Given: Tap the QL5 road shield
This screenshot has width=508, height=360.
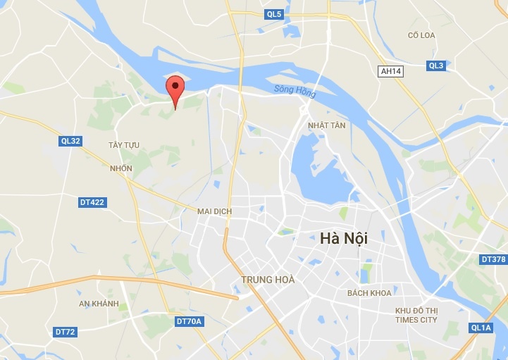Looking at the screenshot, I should point(274,14).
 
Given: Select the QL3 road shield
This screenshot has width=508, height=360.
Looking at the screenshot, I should point(436,66).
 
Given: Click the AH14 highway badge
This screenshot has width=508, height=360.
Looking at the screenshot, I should point(390,71).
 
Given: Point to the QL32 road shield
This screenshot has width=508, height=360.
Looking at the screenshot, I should point(71,141).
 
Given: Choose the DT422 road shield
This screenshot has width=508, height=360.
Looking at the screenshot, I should point(92,202).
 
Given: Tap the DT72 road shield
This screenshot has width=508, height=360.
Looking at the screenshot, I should point(65,331).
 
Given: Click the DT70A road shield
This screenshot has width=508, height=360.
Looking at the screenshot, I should point(189,321).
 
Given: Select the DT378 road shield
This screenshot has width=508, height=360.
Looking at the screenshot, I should point(493,259).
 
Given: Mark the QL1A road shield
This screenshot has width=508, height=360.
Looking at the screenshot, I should point(482,328).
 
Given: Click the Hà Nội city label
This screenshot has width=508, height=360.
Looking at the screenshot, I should point(344,240).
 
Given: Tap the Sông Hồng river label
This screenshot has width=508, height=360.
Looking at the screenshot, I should point(294,91).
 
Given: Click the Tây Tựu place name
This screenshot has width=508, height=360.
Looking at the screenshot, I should point(124,145).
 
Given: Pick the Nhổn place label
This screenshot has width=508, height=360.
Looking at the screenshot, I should point(121,168).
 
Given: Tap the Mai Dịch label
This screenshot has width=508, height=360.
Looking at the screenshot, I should point(214,211).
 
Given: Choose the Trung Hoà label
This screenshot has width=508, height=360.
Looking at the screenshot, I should point(268,280).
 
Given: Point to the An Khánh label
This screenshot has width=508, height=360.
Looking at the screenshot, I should point(99,304).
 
